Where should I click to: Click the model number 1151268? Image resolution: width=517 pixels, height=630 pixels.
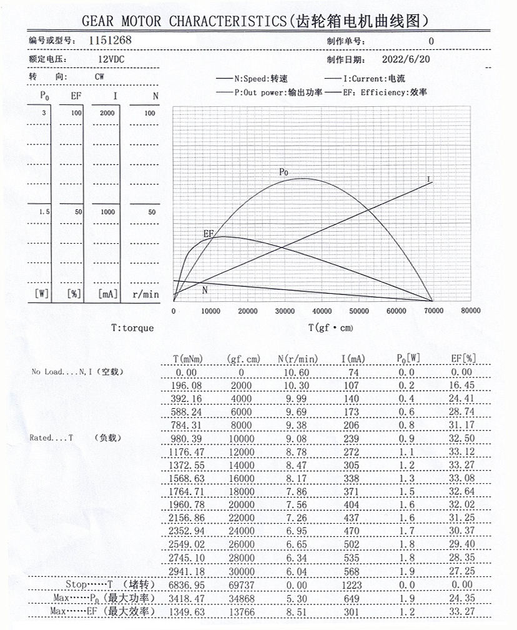coord(111,40)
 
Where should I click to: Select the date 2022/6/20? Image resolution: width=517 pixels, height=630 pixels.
coord(406,60)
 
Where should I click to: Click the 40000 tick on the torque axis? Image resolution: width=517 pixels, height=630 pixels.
coord(322,311)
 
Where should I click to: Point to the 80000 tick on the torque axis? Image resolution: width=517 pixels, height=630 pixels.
coord(470,311)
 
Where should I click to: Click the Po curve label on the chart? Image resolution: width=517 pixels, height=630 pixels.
coord(284,172)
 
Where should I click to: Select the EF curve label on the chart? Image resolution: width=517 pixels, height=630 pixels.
coord(209,233)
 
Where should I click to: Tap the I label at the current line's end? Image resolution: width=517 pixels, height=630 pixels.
coord(429,179)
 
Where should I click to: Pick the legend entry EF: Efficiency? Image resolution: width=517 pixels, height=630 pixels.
coord(385,92)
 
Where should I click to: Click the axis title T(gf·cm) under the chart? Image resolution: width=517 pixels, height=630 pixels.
coord(330,327)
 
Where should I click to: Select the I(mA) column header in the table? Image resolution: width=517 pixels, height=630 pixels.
coord(354,359)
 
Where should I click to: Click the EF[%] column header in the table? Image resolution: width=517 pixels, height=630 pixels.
coord(463,359)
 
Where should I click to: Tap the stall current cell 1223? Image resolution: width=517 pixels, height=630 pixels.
coord(354,585)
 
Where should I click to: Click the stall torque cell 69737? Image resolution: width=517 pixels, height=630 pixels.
coord(241,585)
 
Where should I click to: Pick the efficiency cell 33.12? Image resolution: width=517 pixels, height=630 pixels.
coord(463,451)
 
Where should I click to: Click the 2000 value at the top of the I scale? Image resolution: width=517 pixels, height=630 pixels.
coord(107,113)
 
